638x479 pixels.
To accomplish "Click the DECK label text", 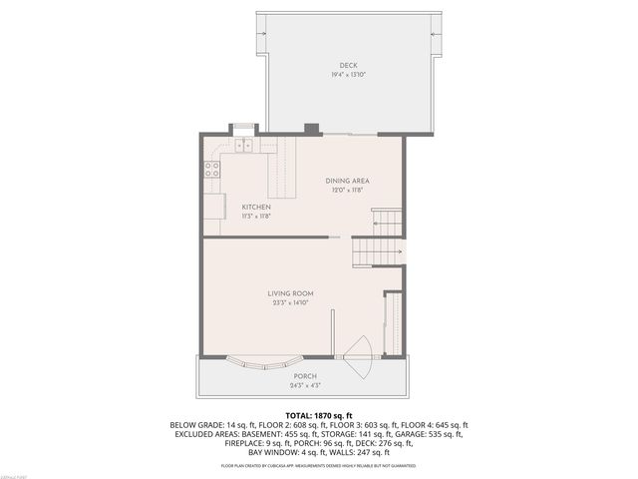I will click(x=347, y=66).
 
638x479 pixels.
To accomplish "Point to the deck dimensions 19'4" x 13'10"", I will click(x=347, y=75).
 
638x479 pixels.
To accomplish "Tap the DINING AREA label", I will click(x=347, y=181).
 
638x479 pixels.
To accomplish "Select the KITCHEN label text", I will click(x=256, y=207).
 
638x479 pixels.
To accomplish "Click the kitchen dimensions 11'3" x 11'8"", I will click(x=256, y=216).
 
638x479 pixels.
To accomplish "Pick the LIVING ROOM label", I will click(x=290, y=293).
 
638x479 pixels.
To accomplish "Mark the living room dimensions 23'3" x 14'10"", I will click(x=290, y=302).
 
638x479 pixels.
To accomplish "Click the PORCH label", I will click(x=305, y=376).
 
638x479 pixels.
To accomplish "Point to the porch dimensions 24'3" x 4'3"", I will click(x=305, y=384).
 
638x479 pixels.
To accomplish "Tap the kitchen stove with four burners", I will click(x=212, y=169).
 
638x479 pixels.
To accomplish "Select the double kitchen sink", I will click(x=243, y=146).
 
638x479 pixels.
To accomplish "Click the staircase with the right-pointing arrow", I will click(x=378, y=252).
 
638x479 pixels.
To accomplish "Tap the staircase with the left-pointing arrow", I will click(x=387, y=222).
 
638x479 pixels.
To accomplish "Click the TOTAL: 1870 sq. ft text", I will click(x=319, y=414).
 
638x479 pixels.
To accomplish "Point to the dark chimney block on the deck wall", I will click(x=311, y=128).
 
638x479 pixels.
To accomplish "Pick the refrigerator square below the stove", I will click(x=213, y=205).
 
